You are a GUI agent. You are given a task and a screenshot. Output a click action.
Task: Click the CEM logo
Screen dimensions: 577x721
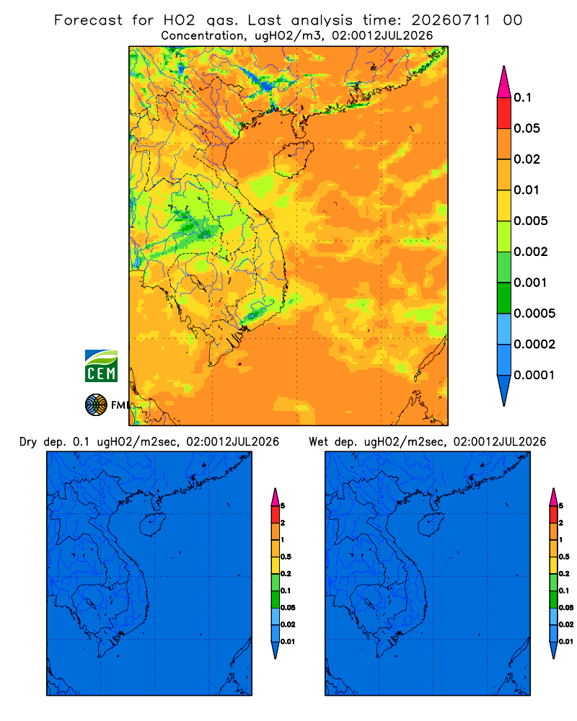[101, 366]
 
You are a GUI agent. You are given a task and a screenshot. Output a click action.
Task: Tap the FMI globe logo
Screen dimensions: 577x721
[96, 404]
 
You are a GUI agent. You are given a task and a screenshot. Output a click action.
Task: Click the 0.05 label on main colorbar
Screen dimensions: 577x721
[527, 128]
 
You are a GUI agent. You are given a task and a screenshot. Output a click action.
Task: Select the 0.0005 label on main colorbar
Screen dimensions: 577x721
[534, 314]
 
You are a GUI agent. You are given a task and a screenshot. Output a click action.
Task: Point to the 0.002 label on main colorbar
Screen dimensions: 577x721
[531, 252]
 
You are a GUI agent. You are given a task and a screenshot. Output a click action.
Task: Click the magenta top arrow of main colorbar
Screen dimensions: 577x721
[504, 81]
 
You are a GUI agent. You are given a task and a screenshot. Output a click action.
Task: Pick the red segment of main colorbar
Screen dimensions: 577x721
[504, 113]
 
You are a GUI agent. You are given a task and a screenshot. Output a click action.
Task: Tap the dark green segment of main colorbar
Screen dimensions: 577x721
[504, 298]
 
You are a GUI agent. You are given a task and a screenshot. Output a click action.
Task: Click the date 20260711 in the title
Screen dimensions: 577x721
[451, 20]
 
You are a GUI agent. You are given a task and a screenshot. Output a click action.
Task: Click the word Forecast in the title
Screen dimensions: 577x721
[88, 20]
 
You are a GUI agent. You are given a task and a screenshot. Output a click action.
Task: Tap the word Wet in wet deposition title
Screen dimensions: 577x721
[318, 442]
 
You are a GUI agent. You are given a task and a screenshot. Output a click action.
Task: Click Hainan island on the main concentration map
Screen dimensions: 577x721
[293, 159]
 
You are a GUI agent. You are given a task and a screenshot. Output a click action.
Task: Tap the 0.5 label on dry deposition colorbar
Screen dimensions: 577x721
[286, 557]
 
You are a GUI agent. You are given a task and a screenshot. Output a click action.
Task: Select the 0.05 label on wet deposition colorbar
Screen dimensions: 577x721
[566, 608]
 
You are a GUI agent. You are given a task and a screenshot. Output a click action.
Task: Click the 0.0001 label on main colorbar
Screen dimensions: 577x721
[534, 375]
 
